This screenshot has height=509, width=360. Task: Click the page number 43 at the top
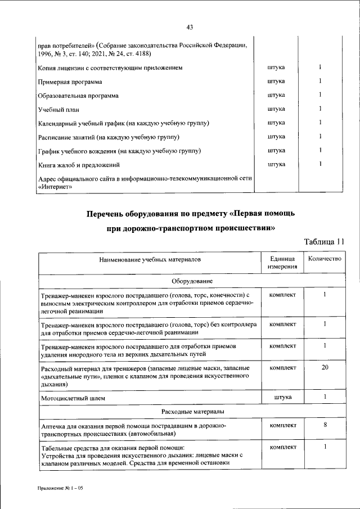190,26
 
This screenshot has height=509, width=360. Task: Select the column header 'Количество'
322,259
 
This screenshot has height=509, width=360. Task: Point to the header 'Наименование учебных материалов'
150,260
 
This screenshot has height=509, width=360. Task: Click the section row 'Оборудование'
191,280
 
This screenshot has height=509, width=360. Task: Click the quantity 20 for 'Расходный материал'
325,367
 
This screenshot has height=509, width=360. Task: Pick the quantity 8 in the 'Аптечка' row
325,425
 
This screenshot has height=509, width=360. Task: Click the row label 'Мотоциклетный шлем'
73,398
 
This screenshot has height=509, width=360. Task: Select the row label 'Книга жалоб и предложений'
79,165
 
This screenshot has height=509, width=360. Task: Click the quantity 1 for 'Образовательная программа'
320,95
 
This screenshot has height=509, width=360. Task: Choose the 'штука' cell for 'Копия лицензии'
276,68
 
